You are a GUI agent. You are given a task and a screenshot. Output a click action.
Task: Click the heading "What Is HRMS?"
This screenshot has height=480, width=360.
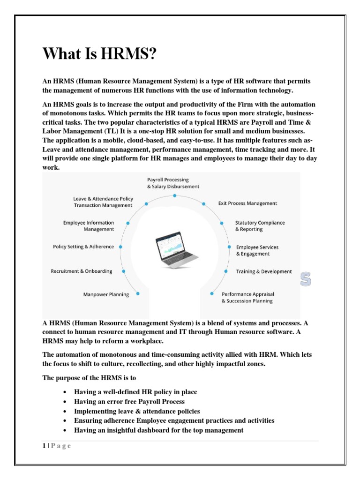coord(98,53)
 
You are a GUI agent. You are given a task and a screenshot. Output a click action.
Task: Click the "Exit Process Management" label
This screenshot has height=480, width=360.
coord(247,203)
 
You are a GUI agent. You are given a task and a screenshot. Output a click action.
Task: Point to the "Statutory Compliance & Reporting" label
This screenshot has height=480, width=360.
coord(260,226)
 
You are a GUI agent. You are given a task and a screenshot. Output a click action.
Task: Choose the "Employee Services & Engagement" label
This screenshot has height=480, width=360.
coord(257,250)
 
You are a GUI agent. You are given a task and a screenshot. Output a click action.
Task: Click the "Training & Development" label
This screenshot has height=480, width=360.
coord(263,271)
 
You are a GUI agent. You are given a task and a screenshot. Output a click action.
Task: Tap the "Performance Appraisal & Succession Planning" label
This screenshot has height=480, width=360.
coord(247,297)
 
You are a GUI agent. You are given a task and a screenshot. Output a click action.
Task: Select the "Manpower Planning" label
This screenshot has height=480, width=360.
coord(106,294)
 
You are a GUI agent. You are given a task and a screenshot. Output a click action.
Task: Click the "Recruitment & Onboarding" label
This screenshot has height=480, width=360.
coord(82,271)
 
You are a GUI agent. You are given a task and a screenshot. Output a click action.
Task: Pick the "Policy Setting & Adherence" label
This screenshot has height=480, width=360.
coord(83,247)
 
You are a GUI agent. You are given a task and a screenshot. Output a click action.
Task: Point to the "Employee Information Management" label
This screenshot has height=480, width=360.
coord(89,226)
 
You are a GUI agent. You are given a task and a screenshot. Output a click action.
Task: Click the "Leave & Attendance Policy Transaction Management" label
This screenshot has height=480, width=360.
coord(103,202)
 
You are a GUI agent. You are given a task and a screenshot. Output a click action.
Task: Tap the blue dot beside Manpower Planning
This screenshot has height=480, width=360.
coord(139,294)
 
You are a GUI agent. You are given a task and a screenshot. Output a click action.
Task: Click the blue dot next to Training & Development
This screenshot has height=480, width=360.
coord(226,271)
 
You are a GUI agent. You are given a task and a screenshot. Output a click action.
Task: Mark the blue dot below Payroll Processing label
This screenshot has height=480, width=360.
coord(174,195)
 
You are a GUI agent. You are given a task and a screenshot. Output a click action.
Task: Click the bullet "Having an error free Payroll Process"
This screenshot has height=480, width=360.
coord(129,401)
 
